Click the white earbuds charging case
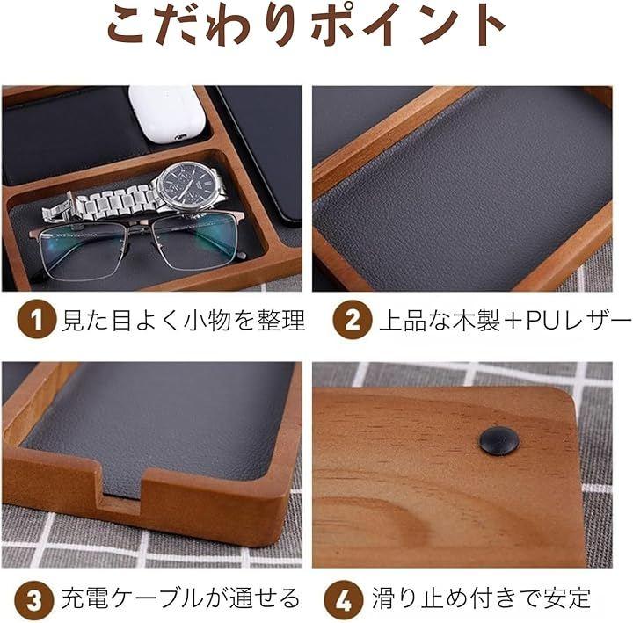[x=164, y=113]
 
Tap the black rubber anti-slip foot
[x=499, y=440]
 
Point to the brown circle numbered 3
[x=34, y=599]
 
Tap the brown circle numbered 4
[x=344, y=599]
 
